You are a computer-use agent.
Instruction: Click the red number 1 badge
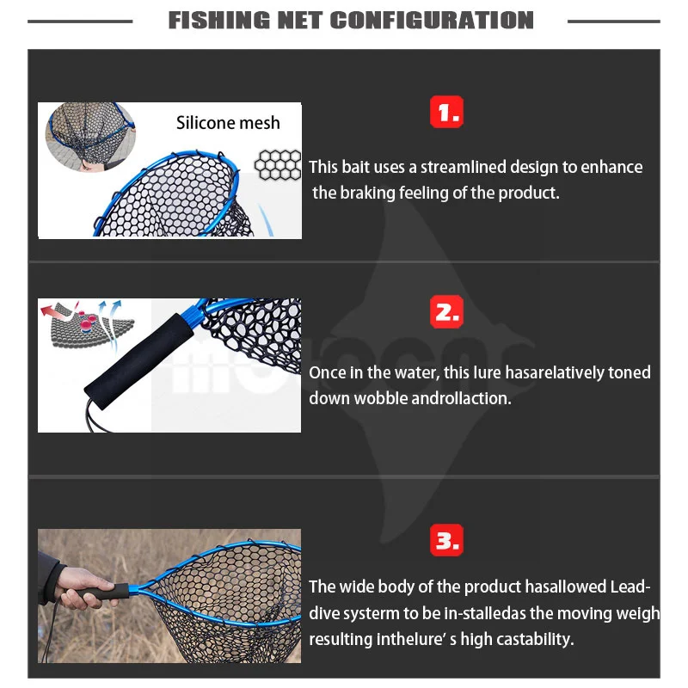[446, 112]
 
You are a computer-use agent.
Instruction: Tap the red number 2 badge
[446, 311]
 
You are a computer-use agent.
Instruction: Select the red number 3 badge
[446, 540]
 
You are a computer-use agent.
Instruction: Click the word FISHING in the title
[219, 20]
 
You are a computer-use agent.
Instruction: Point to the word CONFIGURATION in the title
[432, 20]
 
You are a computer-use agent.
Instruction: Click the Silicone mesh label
[228, 123]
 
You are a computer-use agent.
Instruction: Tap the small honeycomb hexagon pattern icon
[278, 165]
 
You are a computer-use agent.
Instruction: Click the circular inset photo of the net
[90, 137]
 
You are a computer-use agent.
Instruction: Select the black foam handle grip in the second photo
[138, 361]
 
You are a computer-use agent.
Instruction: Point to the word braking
[368, 193]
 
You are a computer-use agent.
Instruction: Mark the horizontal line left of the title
[80, 21]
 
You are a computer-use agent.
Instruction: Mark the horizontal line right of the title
[614, 21]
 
